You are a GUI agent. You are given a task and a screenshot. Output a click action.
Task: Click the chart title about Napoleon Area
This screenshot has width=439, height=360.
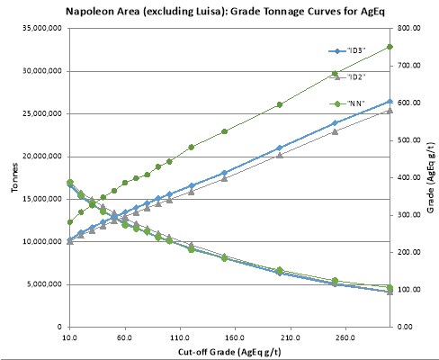coord(225,11)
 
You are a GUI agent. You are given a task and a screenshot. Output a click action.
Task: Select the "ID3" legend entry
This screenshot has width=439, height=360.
coord(347,51)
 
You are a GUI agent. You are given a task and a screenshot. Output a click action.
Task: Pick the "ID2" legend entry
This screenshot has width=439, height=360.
coord(347,77)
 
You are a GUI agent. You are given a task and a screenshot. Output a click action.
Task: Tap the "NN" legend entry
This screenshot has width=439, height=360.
coord(347,103)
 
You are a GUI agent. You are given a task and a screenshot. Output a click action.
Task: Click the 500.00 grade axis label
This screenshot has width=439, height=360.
coord(409,140)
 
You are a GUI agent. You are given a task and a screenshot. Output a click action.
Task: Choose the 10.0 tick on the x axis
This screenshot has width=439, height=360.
coord(70,337)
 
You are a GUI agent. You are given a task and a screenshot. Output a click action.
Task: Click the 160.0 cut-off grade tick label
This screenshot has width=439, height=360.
coord(235,337)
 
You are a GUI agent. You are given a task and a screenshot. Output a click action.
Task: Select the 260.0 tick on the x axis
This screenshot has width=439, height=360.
coord(345,337)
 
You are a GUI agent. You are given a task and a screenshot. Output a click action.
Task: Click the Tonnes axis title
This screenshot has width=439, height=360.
coord(14,177)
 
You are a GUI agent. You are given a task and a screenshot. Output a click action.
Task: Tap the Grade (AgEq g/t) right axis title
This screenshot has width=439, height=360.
coord(431,177)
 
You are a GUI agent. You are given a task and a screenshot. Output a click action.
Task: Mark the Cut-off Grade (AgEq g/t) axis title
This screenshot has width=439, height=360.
coord(229,352)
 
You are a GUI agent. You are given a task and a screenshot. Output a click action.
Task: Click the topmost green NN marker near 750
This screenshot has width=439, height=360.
coord(390,47)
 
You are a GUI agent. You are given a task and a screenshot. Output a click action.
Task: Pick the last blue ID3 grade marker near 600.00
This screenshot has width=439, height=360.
coord(390,102)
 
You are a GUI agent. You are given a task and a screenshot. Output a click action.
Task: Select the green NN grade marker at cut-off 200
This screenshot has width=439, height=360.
coord(280,104)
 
